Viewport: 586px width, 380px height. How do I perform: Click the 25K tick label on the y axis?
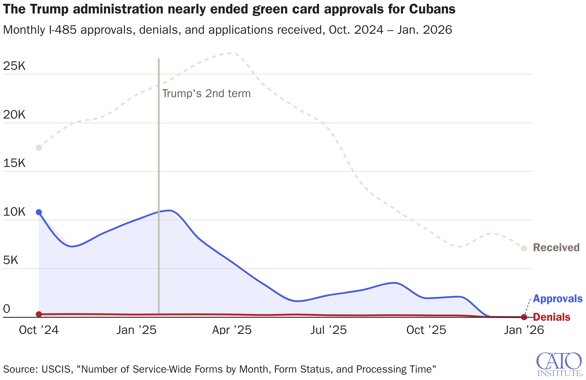point(14,66)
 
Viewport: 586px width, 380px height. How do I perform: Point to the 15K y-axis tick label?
point(14,163)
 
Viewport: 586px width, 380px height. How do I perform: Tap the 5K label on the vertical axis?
point(11,261)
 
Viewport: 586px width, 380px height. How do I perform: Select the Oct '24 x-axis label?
point(39,330)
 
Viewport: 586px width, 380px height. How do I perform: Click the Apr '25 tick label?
point(232,330)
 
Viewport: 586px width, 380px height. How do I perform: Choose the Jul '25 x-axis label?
point(329,330)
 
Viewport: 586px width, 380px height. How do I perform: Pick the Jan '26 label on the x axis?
point(524,330)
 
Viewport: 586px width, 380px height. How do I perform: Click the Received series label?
point(556,248)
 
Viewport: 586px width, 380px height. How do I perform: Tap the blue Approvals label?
point(557,299)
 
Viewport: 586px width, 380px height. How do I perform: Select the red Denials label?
point(551,317)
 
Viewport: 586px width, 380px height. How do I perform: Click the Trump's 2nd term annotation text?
point(206,94)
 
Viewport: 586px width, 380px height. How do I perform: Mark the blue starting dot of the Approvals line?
point(39,212)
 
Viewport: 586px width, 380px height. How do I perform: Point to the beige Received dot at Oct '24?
point(39,148)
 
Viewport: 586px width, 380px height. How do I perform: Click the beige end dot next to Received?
point(524,248)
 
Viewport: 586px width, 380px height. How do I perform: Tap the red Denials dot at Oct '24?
point(39,314)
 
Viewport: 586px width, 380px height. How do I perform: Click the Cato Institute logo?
point(559,364)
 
